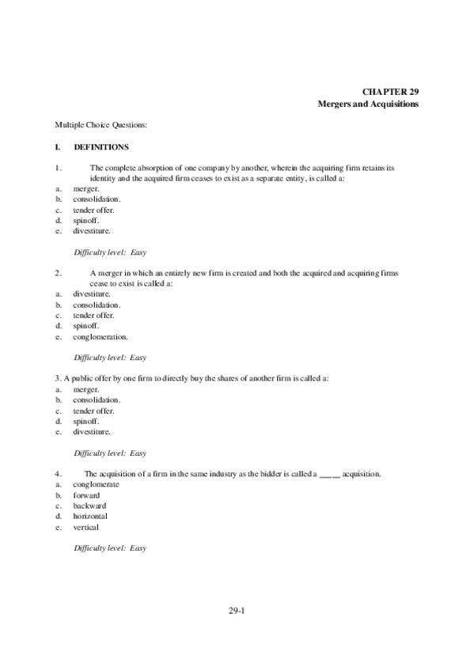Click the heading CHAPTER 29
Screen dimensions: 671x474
click(391, 92)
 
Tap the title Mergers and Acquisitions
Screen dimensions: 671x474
click(368, 104)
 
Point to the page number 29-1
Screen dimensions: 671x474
click(237, 610)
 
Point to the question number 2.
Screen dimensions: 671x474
click(59, 273)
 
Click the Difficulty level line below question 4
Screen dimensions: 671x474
click(110, 548)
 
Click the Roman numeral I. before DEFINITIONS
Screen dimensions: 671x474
click(58, 147)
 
